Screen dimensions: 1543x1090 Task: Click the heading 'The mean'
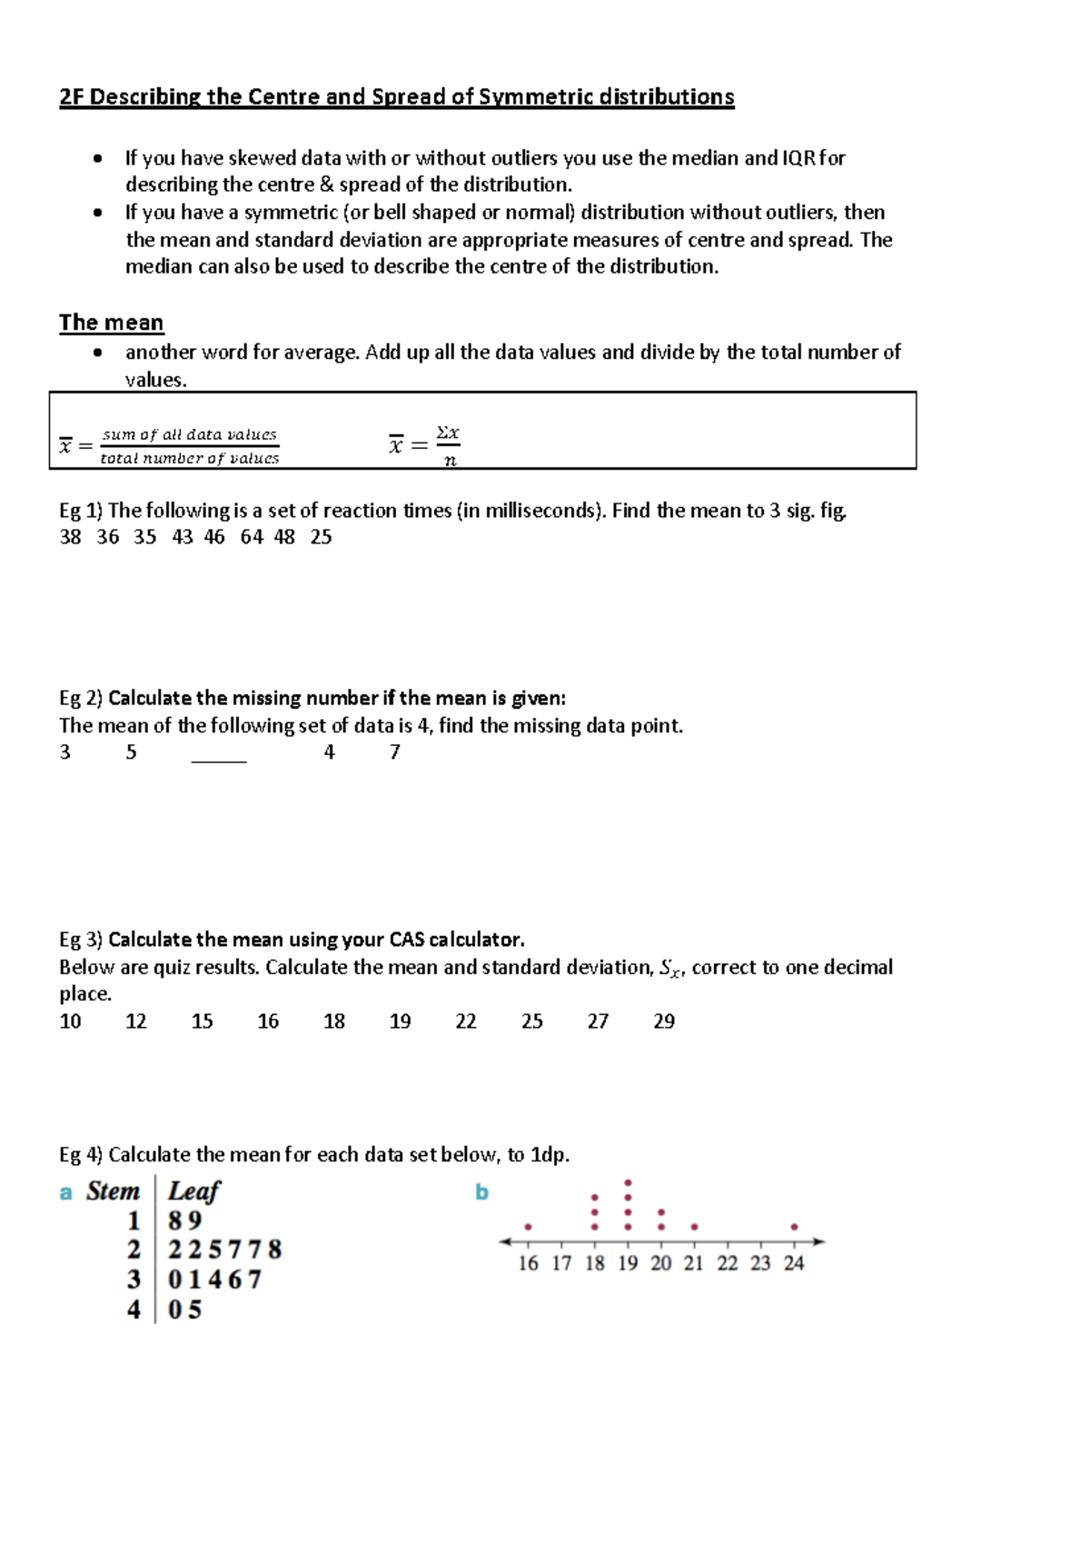click(x=111, y=323)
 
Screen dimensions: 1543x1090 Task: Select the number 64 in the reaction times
click(x=252, y=537)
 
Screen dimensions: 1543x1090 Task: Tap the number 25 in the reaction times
click(x=321, y=537)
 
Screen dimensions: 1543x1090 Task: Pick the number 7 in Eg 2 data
click(x=394, y=752)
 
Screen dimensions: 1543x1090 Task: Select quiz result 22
click(x=466, y=1021)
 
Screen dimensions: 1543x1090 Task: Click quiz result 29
click(x=664, y=1021)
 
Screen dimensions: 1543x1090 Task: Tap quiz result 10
click(x=70, y=1021)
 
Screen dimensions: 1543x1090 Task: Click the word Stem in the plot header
click(x=113, y=1191)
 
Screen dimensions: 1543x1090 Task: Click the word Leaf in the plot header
click(x=194, y=1191)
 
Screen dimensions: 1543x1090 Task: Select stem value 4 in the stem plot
click(x=134, y=1309)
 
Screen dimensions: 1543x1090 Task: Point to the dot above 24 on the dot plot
click(x=794, y=1227)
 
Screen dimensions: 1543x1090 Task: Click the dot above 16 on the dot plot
click(x=528, y=1227)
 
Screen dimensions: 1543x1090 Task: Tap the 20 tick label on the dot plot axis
click(x=661, y=1263)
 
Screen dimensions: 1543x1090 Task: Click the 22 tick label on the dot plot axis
click(x=728, y=1263)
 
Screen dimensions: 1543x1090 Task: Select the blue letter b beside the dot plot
click(x=481, y=1192)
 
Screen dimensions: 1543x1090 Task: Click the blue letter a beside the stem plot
click(x=65, y=1192)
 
